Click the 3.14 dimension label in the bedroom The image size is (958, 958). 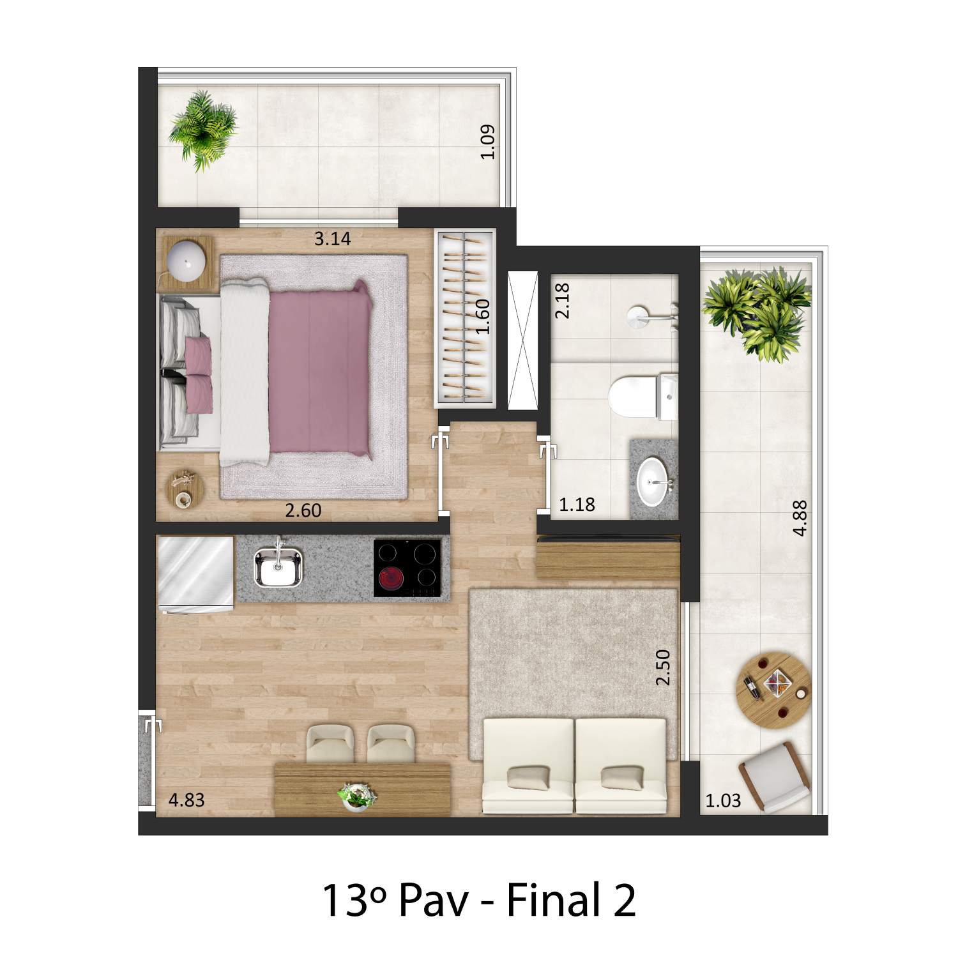pyautogui.click(x=333, y=240)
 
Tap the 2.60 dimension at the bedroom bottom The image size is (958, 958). pyautogui.click(x=303, y=510)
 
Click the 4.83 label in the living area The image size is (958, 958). pyautogui.click(x=186, y=800)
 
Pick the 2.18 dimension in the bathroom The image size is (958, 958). pyautogui.click(x=563, y=301)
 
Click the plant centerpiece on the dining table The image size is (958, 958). pyautogui.click(x=357, y=798)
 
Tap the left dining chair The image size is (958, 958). pyautogui.click(x=330, y=743)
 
